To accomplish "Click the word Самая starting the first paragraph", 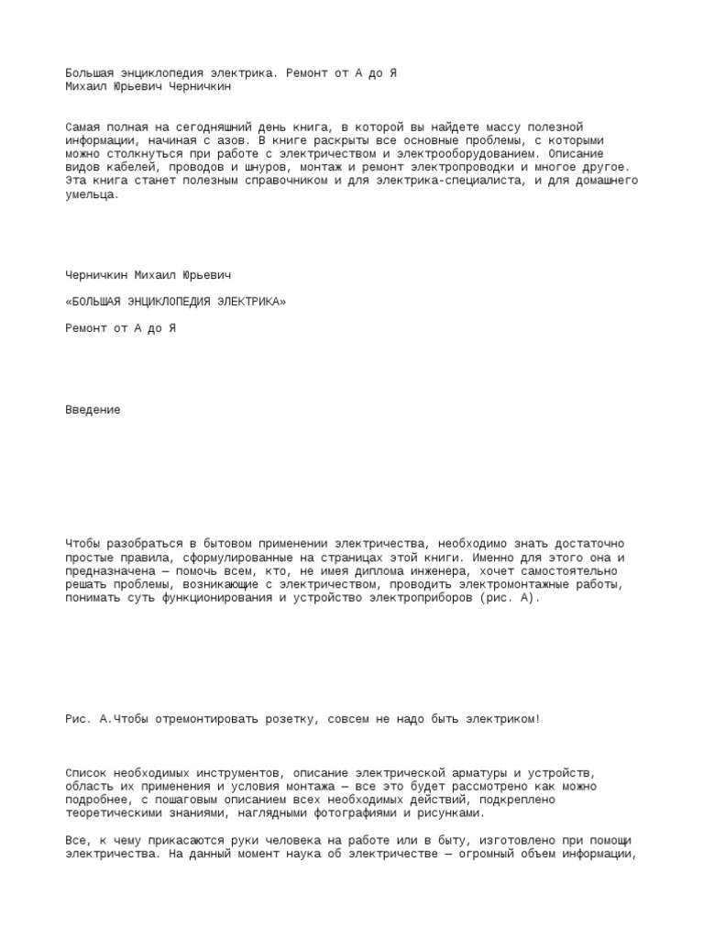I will tap(83, 126).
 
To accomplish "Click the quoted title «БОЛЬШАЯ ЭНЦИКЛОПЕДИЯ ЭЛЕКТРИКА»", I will tap(175, 301).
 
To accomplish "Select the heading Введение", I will tap(93, 410).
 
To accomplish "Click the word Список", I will tap(86, 773).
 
